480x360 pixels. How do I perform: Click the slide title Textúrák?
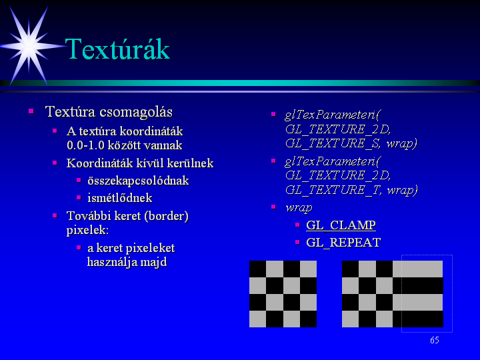(117, 49)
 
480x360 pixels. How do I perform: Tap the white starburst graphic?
(29, 46)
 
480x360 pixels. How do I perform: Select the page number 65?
(435, 340)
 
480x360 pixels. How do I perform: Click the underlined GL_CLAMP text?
(341, 225)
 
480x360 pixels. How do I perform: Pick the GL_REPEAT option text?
(343, 243)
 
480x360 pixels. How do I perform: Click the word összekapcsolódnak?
(138, 181)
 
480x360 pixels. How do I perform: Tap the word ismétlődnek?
(120, 198)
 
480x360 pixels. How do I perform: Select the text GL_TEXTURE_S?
(333, 143)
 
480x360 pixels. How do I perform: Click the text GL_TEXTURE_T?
(333, 190)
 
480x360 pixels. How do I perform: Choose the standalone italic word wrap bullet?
(299, 208)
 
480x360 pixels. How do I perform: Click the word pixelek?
(87, 230)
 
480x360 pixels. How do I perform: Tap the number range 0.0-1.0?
(86, 145)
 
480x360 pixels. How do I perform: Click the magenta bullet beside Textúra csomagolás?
(31, 111)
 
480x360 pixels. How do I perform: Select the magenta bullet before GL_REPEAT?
(297, 242)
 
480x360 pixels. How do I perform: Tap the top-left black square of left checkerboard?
(258, 269)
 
